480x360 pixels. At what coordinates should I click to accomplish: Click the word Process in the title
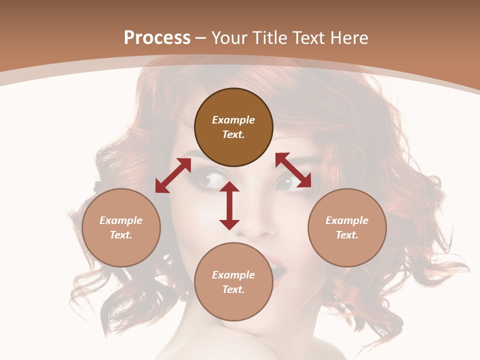click(157, 38)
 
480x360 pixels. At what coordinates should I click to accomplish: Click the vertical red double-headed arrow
click(229, 205)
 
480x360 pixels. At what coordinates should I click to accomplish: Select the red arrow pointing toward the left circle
click(173, 175)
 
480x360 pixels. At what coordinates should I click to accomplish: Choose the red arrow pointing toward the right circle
click(293, 170)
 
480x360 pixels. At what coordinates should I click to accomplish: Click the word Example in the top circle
click(233, 120)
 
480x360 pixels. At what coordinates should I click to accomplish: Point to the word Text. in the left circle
click(121, 235)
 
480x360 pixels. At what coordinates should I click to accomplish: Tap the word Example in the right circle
click(347, 220)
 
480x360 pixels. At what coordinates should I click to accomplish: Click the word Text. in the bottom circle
click(233, 289)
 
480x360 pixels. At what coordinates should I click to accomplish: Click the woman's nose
click(257, 227)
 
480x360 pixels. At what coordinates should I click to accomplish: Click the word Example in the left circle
click(121, 220)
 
